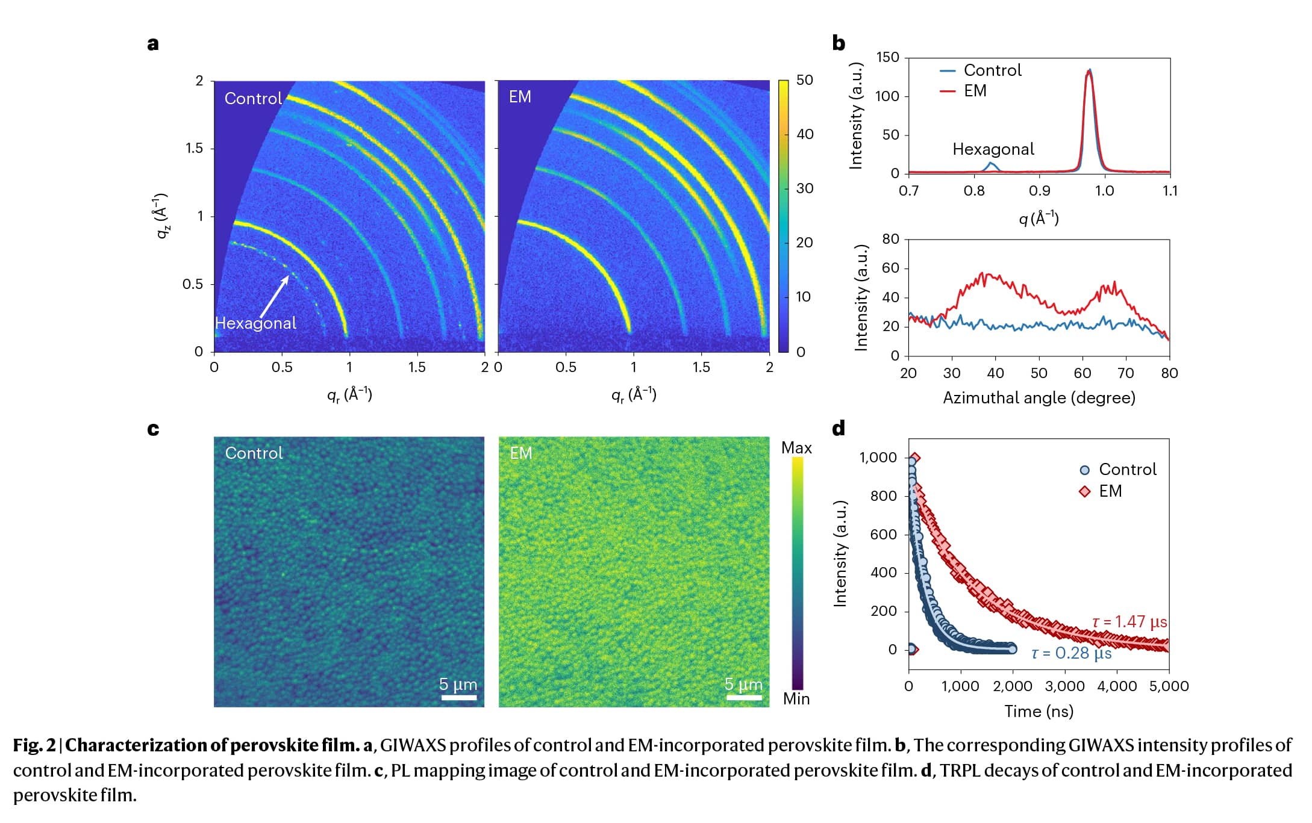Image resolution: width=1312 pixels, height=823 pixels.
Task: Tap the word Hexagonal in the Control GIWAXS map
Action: pos(256,323)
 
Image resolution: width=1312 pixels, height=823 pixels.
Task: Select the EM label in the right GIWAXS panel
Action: pos(520,97)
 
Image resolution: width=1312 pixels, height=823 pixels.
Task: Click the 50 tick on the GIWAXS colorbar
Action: pos(804,80)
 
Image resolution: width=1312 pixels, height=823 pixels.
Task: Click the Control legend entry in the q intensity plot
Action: pos(992,70)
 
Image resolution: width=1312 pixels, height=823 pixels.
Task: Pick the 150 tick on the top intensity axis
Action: pos(887,57)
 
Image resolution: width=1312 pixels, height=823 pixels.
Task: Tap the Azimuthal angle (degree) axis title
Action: pos(1039,398)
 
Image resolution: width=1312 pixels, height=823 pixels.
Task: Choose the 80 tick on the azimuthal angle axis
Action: pos(1169,373)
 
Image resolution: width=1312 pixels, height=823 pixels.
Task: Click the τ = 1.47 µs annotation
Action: pos(1129,622)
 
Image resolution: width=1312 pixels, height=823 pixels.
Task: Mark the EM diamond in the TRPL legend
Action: pos(1085,491)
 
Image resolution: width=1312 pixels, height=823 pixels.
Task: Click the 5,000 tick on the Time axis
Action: pos(1169,686)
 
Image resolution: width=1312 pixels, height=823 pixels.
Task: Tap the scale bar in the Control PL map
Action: pos(459,697)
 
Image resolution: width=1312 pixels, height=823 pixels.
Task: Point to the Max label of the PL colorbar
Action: pos(796,448)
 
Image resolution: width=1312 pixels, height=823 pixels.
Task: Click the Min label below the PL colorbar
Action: pos(796,699)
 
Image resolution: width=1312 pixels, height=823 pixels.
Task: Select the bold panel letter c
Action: pos(153,429)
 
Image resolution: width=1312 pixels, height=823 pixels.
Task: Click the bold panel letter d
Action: pos(839,429)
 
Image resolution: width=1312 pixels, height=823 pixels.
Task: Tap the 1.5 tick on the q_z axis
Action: pos(194,148)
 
